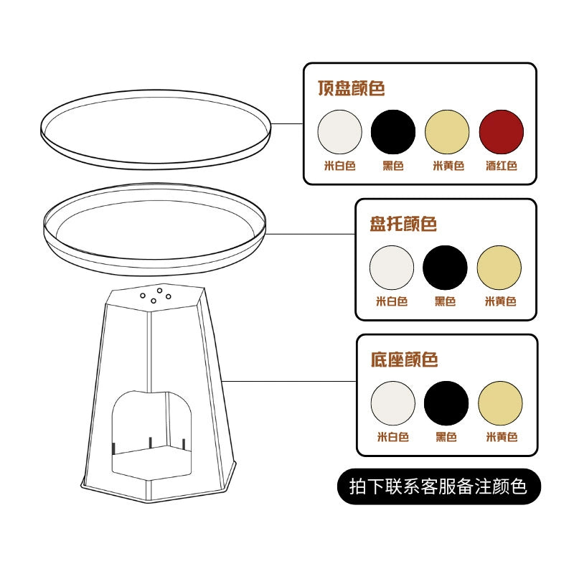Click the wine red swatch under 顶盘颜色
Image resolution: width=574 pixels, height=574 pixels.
point(501,132)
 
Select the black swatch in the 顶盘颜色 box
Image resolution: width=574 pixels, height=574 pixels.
point(393,132)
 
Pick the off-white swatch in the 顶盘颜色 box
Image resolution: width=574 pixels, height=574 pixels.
point(340,132)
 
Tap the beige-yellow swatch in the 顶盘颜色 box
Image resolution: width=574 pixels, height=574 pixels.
point(447,132)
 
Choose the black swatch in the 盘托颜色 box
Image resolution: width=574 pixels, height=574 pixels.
point(445,268)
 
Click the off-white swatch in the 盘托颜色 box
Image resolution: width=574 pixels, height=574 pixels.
point(392,268)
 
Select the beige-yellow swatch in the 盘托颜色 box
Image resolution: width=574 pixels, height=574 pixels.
point(499,268)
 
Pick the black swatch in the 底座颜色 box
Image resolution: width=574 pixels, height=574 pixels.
point(446,403)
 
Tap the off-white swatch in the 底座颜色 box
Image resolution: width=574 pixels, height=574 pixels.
point(393,403)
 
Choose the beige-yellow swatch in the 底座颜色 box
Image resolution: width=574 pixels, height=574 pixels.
point(500,403)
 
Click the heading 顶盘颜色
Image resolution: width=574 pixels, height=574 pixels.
point(352,88)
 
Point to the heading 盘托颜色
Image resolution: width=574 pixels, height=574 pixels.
point(403,224)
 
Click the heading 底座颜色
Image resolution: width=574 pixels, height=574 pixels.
point(404,359)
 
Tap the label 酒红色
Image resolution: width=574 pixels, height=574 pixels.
point(501,166)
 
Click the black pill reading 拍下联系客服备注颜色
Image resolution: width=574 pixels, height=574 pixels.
point(438,486)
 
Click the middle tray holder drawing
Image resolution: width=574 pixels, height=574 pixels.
point(155,230)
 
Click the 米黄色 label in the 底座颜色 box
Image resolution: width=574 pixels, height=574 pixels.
point(501,436)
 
